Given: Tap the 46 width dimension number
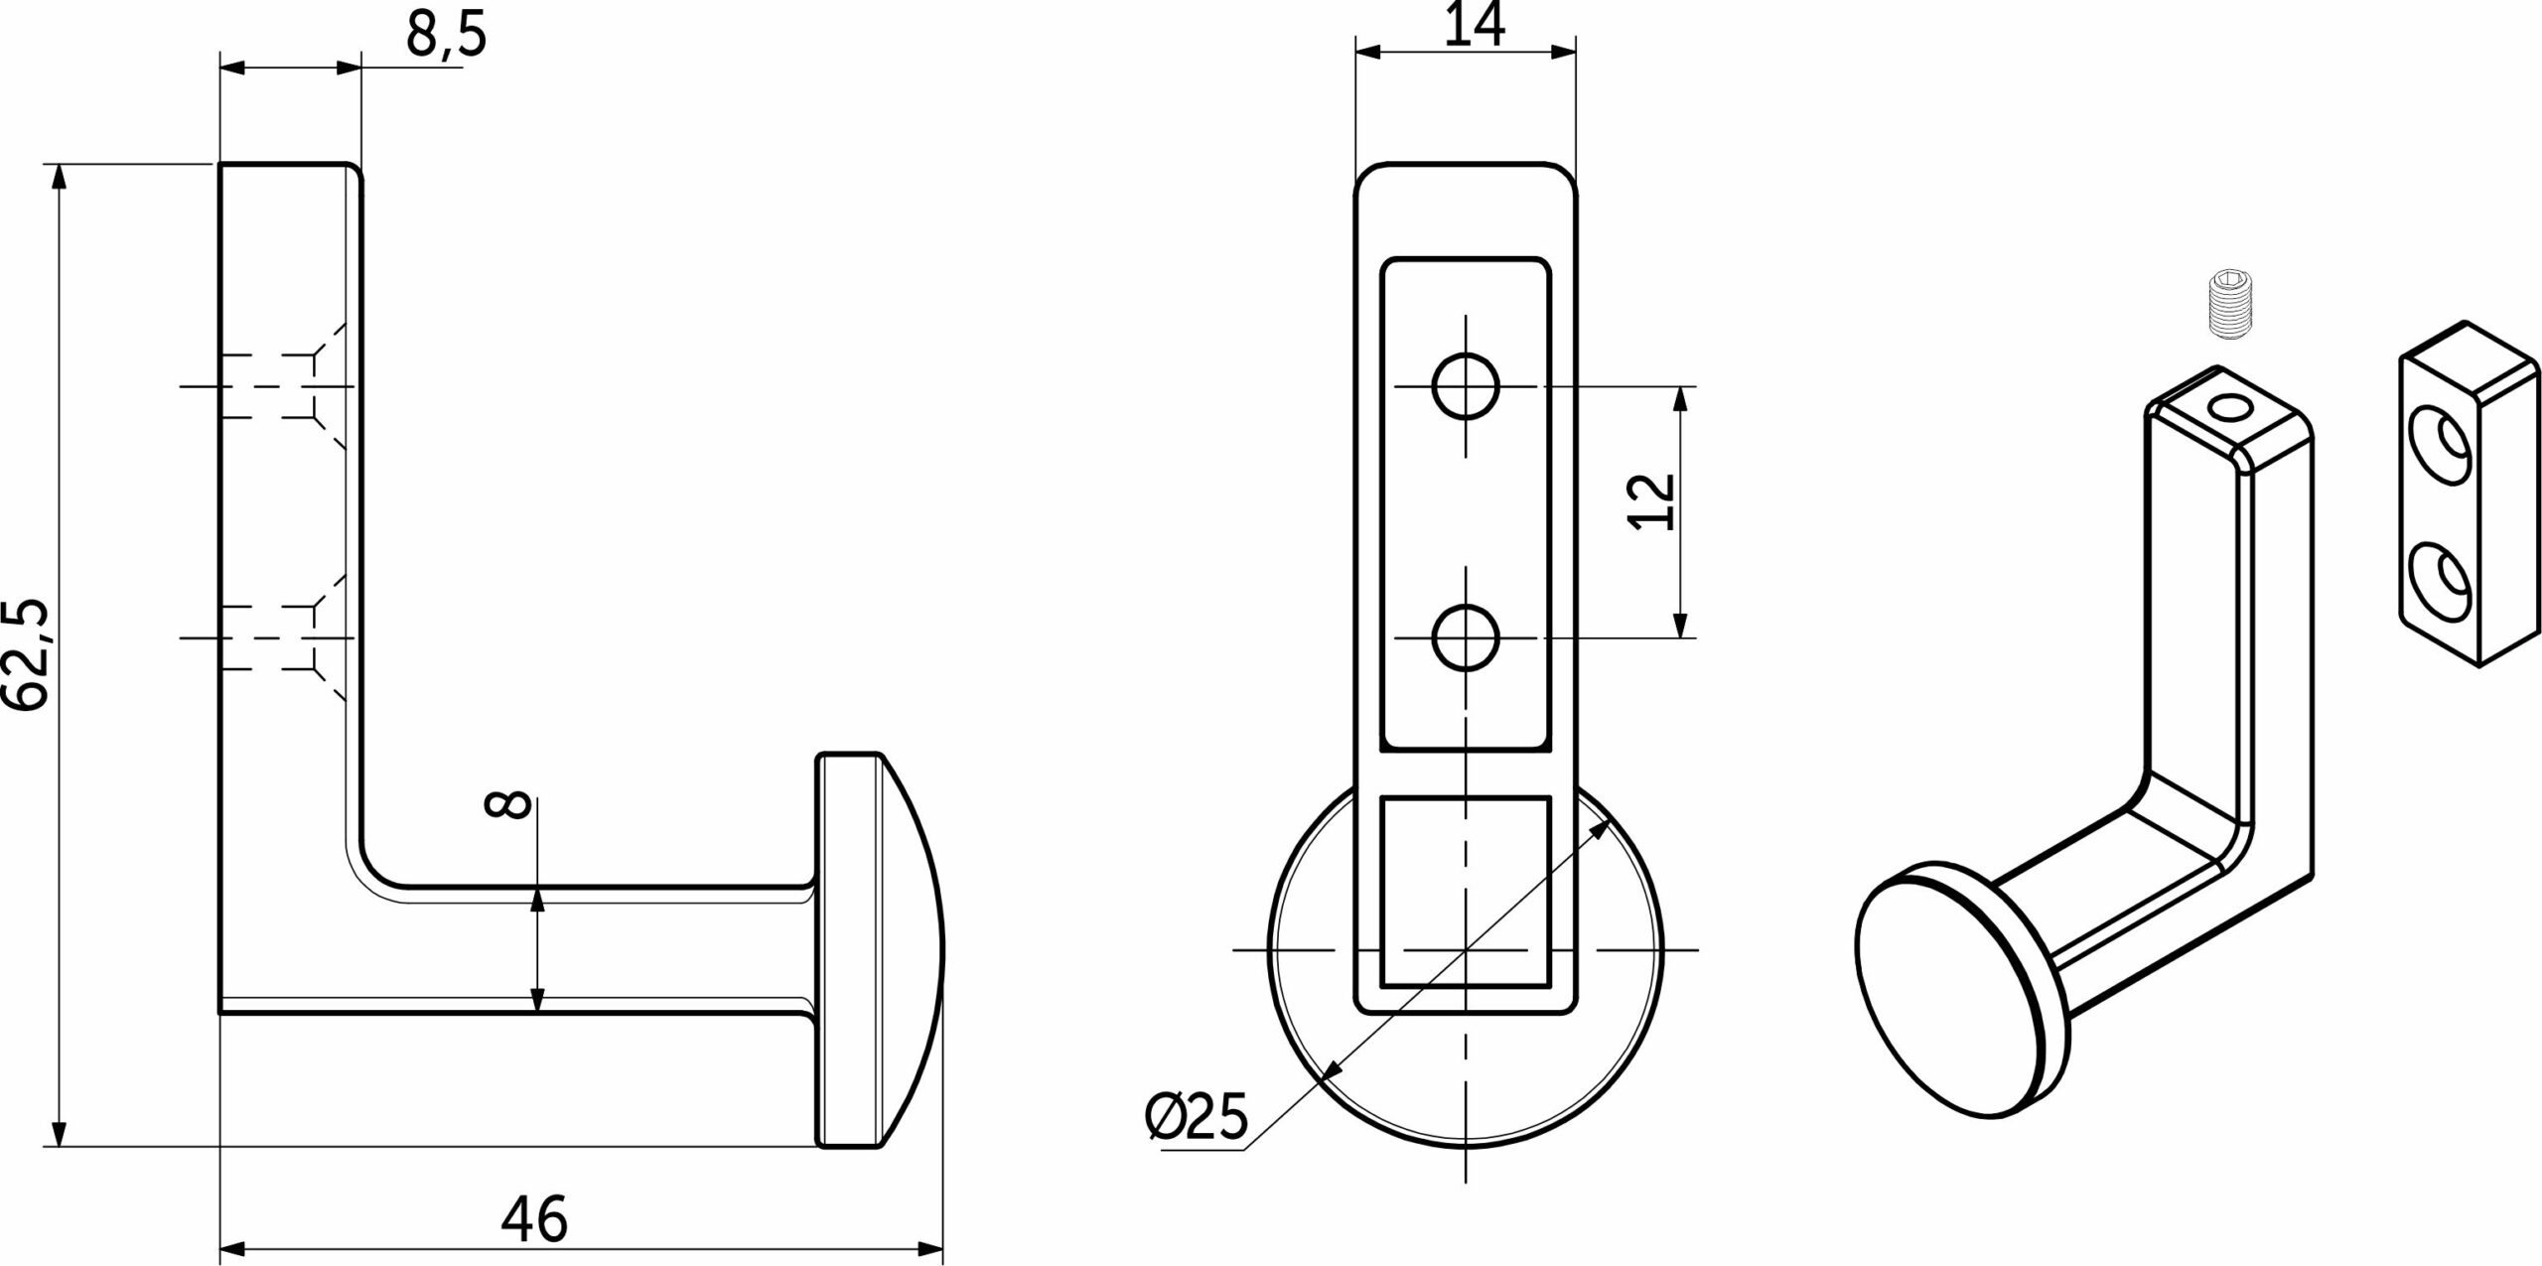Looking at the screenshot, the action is tap(534, 1218).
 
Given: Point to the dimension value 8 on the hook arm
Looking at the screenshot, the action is tap(506, 819).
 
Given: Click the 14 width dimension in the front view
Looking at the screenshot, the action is tap(1474, 24).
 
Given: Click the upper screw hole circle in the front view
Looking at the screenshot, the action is tap(1466, 385).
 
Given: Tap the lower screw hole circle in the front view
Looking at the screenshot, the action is tap(1466, 637).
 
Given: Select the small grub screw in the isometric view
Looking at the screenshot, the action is tap(2225, 317).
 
